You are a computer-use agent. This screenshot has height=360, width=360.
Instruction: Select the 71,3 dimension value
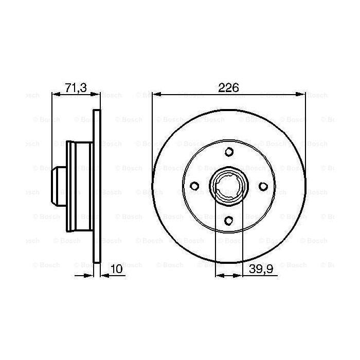point(76,88)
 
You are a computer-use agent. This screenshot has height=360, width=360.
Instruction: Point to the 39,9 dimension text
point(261,268)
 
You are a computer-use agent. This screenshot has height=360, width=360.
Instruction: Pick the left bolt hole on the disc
point(194,186)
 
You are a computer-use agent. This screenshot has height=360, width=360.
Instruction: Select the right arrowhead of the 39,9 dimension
point(239,276)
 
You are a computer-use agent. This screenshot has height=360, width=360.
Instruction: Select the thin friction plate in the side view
point(97,186)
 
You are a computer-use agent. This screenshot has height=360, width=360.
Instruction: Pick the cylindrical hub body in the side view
point(80,186)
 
